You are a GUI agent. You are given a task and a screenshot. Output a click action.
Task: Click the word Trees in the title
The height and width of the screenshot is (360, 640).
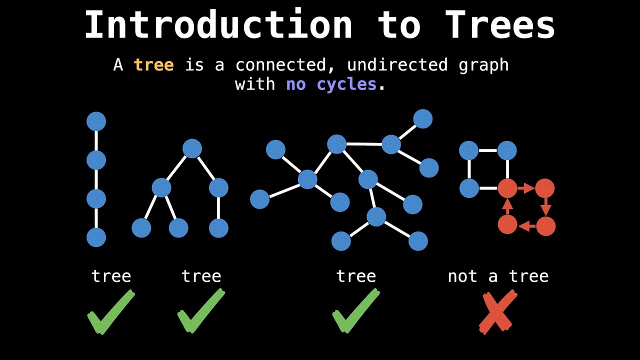click(499, 25)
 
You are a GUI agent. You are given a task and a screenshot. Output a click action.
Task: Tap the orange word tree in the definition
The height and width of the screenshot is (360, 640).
click(153, 65)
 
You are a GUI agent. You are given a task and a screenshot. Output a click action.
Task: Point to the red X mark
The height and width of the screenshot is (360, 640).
click(497, 313)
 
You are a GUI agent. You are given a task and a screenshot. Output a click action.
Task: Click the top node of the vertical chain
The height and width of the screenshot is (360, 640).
click(96, 121)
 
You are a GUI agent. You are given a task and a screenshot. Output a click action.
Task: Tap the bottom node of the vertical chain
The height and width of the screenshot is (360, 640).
click(96, 237)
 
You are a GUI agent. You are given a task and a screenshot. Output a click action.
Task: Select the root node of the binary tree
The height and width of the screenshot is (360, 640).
click(192, 148)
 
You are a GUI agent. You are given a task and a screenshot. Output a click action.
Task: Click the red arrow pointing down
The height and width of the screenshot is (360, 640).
click(545, 206)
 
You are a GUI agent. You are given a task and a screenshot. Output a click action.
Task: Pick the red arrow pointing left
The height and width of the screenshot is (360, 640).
click(526, 226)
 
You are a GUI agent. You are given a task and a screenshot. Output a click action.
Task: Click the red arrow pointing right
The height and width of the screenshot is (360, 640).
click(526, 188)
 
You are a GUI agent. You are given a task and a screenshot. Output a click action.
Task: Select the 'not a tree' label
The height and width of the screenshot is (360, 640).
click(498, 276)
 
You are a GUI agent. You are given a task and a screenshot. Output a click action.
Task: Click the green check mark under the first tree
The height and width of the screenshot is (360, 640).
click(111, 313)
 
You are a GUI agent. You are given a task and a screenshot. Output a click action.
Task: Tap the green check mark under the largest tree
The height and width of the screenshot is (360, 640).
click(356, 313)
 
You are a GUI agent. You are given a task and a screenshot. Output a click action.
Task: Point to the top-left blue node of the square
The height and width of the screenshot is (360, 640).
click(468, 150)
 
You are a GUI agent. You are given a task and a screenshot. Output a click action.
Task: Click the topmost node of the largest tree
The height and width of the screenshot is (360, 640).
click(422, 119)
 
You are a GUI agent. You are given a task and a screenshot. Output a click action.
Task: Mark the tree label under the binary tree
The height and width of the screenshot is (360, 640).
click(201, 276)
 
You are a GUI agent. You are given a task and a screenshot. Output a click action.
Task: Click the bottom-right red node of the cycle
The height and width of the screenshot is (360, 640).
click(545, 226)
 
